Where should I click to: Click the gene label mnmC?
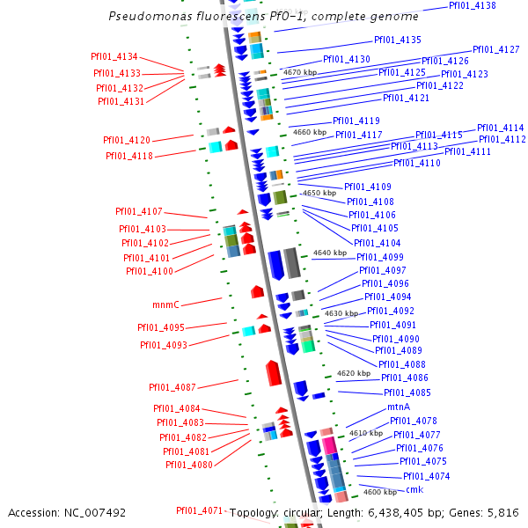[x=165, y=304]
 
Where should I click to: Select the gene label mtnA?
[x=399, y=408]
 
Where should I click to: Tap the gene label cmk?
[x=414, y=489]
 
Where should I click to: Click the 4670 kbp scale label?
[x=298, y=72]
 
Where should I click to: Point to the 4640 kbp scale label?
[x=330, y=253]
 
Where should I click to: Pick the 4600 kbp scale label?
[x=380, y=492]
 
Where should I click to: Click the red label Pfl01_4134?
[x=114, y=56]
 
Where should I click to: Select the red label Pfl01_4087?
[x=172, y=387]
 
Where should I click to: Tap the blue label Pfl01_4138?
[x=472, y=5]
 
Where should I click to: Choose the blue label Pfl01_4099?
[x=380, y=257]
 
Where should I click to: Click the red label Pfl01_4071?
[x=199, y=510]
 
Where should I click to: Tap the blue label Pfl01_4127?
[x=495, y=50]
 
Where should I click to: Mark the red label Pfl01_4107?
[x=139, y=211]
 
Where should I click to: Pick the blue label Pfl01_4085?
[x=407, y=392]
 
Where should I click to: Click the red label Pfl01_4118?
[x=129, y=156]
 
